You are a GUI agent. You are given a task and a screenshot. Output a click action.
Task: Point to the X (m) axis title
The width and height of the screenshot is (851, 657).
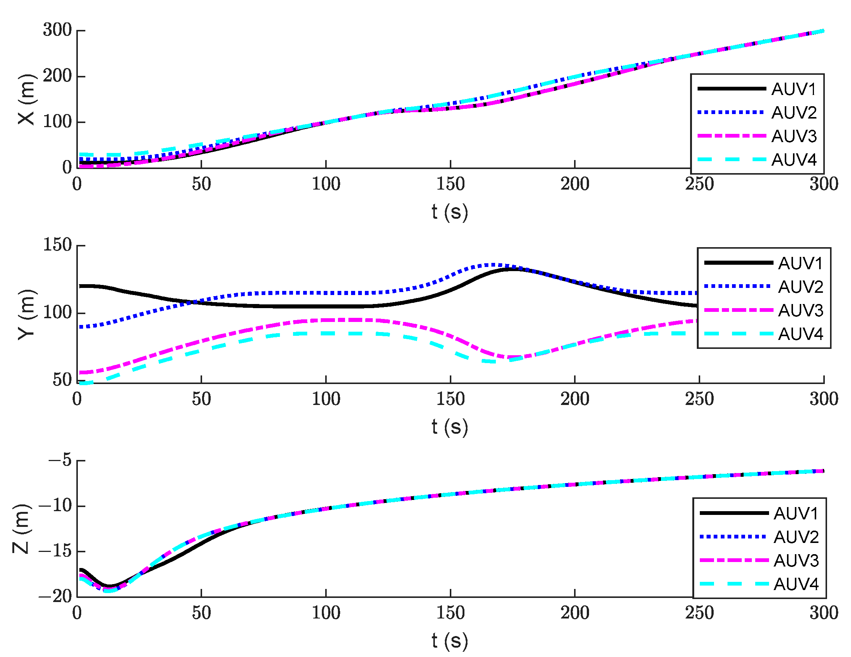[27, 100]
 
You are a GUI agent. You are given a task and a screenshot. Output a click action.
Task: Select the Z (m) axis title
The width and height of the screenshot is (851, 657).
[21, 529]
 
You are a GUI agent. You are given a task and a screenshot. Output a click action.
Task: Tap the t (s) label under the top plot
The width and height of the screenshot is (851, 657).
[450, 212]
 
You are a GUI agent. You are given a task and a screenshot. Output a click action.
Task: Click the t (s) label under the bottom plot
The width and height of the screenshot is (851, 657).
[450, 641]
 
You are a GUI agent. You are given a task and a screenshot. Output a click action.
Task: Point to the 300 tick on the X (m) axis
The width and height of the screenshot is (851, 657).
[57, 30]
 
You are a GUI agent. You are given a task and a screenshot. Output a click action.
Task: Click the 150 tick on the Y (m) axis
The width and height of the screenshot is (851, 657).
[57, 245]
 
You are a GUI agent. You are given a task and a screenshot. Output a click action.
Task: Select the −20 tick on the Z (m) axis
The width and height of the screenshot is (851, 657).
[55, 596]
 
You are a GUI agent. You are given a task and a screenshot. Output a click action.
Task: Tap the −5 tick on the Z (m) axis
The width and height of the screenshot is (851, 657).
[60, 460]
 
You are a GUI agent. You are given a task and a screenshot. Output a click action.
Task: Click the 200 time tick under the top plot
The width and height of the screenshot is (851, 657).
[575, 184]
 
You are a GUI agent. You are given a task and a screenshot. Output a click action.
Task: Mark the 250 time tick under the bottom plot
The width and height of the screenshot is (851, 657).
[699, 613]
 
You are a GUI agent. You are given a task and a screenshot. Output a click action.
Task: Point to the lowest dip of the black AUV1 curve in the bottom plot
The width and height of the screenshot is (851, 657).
[110, 586]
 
